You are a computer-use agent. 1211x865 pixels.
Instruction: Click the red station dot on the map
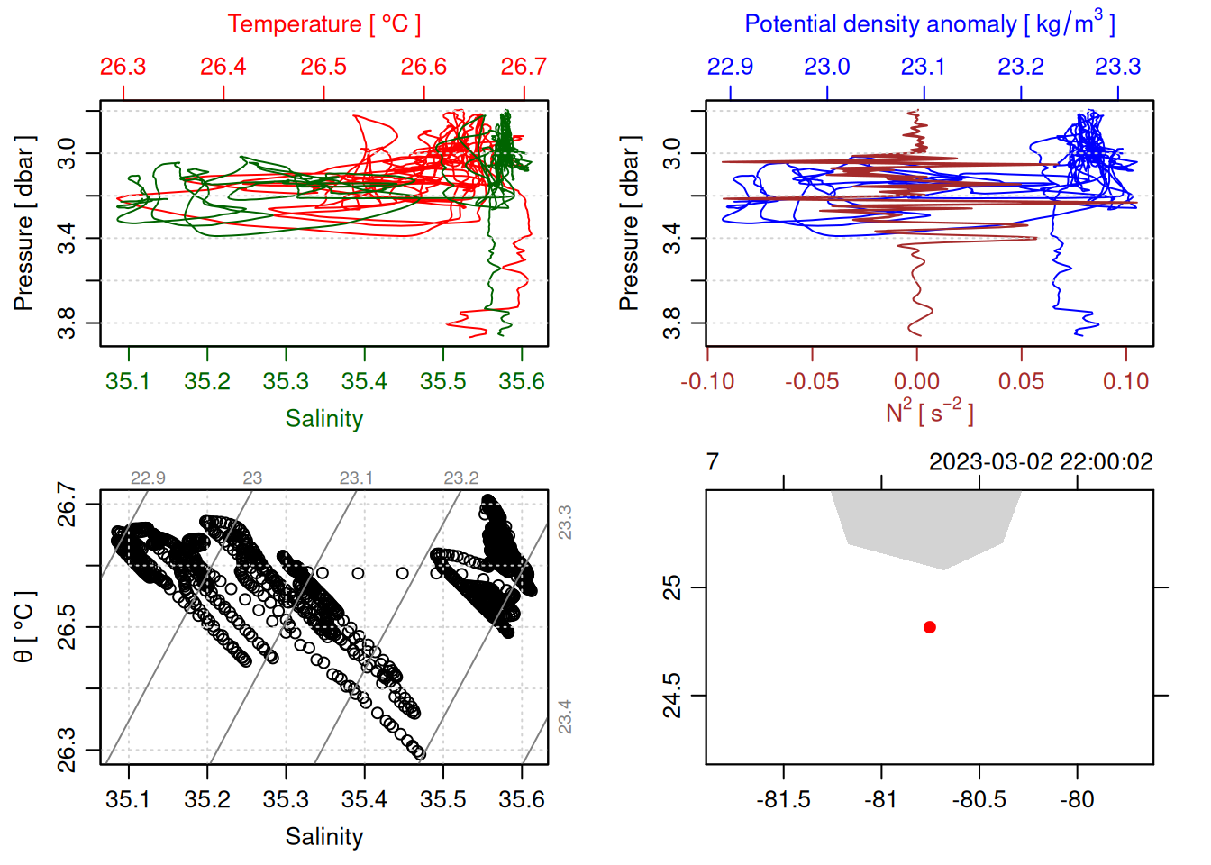(930, 627)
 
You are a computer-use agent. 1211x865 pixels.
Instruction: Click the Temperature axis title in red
(323, 24)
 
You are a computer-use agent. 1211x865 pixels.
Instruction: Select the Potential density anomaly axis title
(929, 24)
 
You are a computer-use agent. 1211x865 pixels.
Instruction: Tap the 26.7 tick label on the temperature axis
(524, 67)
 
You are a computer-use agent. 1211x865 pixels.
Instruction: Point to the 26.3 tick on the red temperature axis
(123, 67)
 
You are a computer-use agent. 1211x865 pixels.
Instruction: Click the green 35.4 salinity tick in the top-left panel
(364, 381)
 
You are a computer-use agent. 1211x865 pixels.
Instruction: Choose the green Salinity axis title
(324, 419)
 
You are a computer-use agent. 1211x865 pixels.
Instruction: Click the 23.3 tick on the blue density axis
(1117, 67)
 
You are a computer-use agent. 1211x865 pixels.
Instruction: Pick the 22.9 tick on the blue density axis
(730, 67)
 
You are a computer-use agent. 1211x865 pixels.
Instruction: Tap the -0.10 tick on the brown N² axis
(707, 381)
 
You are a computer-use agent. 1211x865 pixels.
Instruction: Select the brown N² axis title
(929, 413)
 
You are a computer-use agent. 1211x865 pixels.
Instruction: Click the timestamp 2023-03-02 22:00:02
(1041, 462)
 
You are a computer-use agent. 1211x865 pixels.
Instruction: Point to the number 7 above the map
(713, 462)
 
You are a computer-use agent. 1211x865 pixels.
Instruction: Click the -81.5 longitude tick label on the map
(783, 799)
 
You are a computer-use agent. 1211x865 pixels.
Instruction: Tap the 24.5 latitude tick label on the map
(673, 696)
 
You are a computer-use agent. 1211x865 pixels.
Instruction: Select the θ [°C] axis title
(24, 627)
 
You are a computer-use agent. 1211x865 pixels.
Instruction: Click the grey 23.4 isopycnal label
(564, 717)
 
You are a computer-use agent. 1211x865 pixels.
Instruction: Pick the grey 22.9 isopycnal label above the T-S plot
(148, 478)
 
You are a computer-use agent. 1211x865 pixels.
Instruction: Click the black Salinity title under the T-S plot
(324, 837)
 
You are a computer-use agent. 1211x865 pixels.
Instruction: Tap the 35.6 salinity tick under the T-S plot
(522, 799)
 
